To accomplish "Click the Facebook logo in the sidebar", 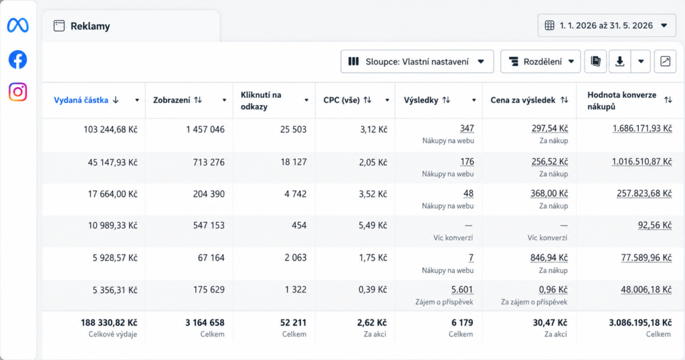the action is point(18,60).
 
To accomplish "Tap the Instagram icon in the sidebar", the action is point(18,92).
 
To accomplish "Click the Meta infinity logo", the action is point(18,25).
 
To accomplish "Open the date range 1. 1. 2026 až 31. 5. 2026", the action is point(607,25).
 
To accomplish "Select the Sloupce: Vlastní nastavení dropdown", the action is point(417,62).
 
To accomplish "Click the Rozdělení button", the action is point(541,62).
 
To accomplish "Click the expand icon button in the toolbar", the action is point(665,62).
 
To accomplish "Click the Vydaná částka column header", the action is point(81,100).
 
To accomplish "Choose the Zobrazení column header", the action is point(172,100).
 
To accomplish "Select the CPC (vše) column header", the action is point(342,100).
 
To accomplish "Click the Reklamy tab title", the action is point(90,26).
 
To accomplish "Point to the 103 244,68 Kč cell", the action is point(110,129).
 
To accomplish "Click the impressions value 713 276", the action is point(209,162).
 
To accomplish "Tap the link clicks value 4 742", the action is point(295,194).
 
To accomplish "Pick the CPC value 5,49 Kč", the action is point(373,226).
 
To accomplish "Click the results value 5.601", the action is point(462,290).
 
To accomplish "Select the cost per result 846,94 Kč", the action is point(549,258).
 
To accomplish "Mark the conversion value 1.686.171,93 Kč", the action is point(642,128).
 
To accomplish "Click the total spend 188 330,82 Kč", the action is point(109,323).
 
